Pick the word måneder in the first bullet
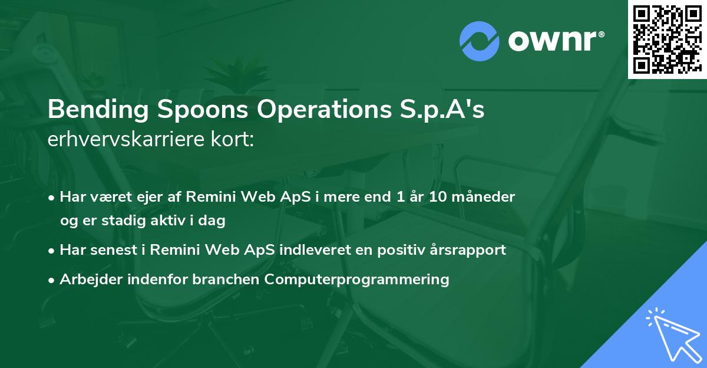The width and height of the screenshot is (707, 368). (488, 197)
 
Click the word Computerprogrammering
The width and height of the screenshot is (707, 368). (357, 279)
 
